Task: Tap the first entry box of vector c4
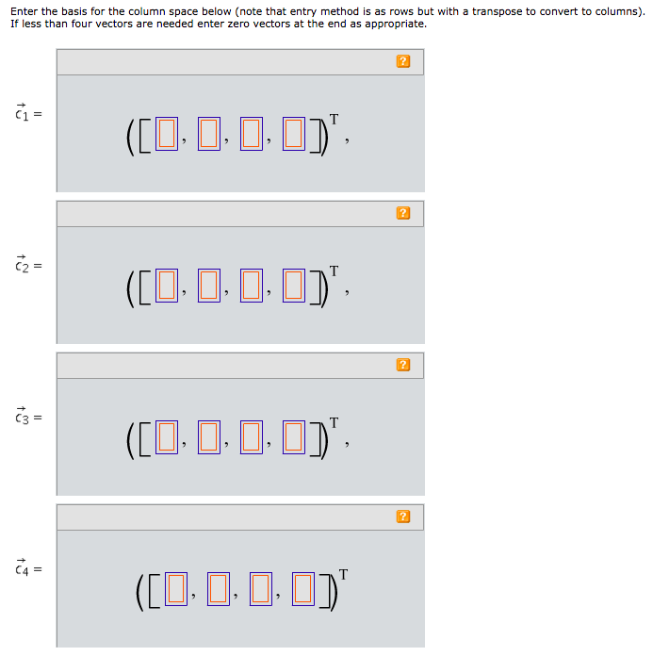(175, 588)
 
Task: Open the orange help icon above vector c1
(403, 61)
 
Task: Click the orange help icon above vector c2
(403, 213)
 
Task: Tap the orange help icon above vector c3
(403, 365)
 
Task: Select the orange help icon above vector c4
(403, 517)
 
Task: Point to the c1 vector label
(22, 113)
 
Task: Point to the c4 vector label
(22, 568)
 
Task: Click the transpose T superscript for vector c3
(334, 421)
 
